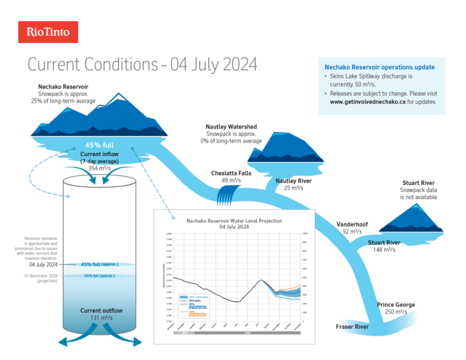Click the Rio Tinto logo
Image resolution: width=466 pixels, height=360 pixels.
tap(48, 32)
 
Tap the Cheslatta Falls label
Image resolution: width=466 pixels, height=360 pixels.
tap(231, 173)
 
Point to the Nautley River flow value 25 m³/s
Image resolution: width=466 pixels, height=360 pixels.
tap(294, 188)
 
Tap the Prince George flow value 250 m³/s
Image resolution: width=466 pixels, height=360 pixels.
tap(396, 312)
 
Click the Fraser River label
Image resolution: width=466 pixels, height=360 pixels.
tap(353, 327)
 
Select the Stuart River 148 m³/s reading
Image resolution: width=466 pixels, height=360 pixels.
tap(384, 250)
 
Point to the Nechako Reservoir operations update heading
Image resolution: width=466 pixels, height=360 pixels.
tap(379, 67)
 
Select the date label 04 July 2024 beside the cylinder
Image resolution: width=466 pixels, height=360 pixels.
tap(43, 265)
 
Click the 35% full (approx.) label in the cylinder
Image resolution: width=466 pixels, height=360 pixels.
tap(100, 276)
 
